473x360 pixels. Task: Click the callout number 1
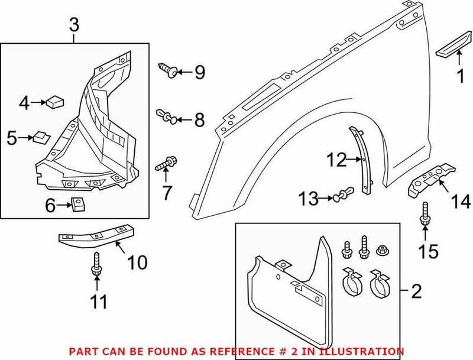tap(459, 75)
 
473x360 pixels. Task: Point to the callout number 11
tap(98, 303)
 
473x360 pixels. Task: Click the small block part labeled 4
tap(54, 102)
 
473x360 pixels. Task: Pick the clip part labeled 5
tap(41, 137)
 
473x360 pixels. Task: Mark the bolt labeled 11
tap(95, 265)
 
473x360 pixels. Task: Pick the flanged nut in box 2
tap(380, 251)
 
